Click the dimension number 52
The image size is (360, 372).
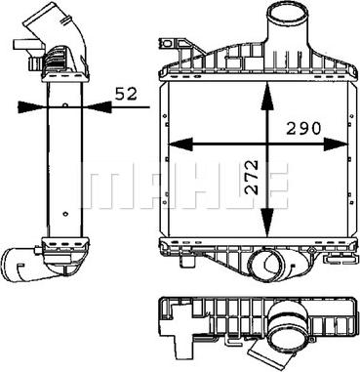(x=126, y=94)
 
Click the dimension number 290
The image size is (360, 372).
(x=303, y=128)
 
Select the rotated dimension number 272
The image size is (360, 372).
(x=252, y=177)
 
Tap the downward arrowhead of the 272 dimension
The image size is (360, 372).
(x=267, y=223)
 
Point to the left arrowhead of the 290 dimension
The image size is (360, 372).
(x=180, y=144)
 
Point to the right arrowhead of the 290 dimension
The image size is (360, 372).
(x=336, y=144)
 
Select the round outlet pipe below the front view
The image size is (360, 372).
(x=266, y=267)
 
